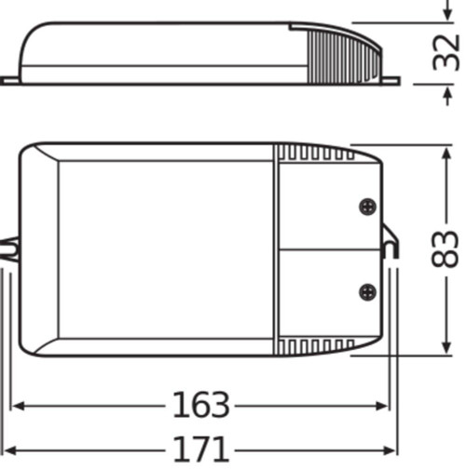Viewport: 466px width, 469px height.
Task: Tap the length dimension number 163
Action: click(x=200, y=406)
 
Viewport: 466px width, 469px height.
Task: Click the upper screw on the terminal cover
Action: click(x=366, y=208)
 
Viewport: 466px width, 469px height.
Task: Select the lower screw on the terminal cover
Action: click(x=366, y=291)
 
